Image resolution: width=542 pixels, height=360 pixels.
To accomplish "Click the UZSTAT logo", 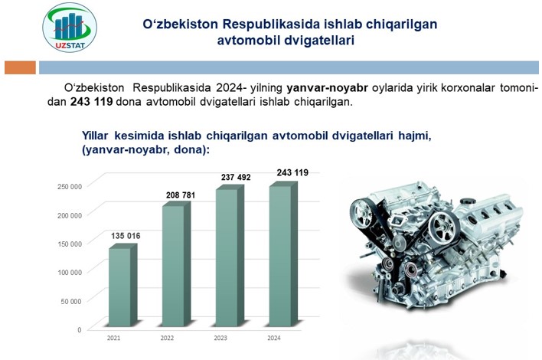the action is tap(70, 28).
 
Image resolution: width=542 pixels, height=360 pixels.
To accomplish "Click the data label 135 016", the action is tap(126, 236).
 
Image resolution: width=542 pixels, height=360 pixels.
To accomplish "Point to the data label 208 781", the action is tap(181, 195).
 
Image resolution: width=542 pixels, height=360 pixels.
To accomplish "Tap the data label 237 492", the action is tap(236, 177).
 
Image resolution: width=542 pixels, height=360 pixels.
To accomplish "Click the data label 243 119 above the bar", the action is tap(292, 172).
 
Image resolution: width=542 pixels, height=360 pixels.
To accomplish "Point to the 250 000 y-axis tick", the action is tap(70, 186).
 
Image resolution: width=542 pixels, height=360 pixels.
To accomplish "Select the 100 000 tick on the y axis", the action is tap(70, 273).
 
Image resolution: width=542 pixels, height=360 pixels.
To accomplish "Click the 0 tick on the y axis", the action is tap(79, 330).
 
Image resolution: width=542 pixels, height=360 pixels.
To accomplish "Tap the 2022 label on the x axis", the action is tap(167, 338).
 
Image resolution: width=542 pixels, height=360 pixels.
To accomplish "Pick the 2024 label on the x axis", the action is tap(274, 338).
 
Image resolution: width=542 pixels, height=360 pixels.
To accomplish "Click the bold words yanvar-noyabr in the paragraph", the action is tap(327, 88).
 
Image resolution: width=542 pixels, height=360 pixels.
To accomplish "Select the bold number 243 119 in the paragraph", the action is tap(92, 102).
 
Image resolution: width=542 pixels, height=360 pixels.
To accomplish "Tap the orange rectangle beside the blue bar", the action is tap(20, 67).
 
